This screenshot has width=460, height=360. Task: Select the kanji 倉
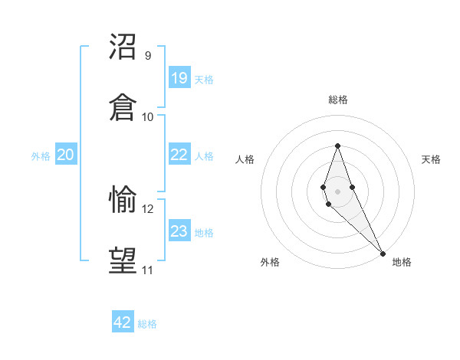click(x=123, y=107)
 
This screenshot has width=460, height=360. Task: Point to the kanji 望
click(x=123, y=260)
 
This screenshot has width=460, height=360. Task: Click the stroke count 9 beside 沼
click(x=148, y=56)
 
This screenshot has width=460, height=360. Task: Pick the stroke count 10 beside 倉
click(x=148, y=117)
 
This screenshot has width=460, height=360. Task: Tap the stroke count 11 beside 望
click(x=148, y=270)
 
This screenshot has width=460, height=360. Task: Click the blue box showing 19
click(x=179, y=77)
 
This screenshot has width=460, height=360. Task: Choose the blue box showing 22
click(x=179, y=155)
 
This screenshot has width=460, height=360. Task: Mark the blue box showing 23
click(x=179, y=231)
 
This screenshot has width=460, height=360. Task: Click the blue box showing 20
click(x=66, y=155)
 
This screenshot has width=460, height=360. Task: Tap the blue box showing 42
click(x=123, y=322)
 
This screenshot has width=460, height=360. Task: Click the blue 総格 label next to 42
click(x=147, y=324)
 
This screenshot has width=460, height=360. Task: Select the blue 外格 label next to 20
click(x=41, y=156)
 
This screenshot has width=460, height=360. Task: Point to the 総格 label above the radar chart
click(x=337, y=100)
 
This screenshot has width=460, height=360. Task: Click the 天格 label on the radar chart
click(x=431, y=159)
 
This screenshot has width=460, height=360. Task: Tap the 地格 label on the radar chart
click(x=402, y=262)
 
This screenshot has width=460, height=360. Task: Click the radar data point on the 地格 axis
click(x=383, y=252)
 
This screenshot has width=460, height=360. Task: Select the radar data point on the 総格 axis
click(x=337, y=145)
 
